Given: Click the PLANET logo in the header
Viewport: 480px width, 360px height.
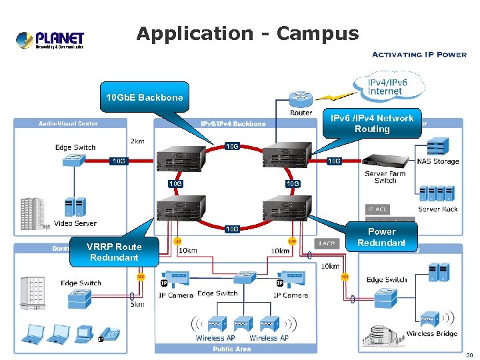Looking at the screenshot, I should pyautogui.click(x=50, y=39).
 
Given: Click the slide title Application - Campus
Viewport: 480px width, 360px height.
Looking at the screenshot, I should pyautogui.click(x=247, y=33).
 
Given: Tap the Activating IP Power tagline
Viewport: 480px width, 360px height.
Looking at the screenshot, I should pyautogui.click(x=419, y=55).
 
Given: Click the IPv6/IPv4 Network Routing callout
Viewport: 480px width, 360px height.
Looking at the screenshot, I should pyautogui.click(x=372, y=123).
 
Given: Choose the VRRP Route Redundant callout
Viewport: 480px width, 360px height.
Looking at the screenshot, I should pyautogui.click(x=114, y=252).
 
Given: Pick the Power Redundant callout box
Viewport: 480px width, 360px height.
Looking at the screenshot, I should pyautogui.click(x=381, y=237).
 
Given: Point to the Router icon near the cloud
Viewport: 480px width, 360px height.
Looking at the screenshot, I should pyautogui.click(x=301, y=99).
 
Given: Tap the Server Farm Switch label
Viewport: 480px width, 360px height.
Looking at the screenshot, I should pyautogui.click(x=385, y=177).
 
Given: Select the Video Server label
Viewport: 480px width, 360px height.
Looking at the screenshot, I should pyautogui.click(x=75, y=223).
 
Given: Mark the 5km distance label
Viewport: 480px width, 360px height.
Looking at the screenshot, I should pyautogui.click(x=137, y=305).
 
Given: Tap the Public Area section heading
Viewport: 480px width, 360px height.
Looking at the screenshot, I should pyautogui.click(x=232, y=349).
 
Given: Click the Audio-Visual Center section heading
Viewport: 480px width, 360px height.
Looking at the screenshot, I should pyautogui.click(x=69, y=123).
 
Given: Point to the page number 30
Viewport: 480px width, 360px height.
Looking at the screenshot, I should pyautogui.click(x=469, y=355).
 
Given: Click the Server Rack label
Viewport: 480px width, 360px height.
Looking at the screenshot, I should pyautogui.click(x=438, y=209).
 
